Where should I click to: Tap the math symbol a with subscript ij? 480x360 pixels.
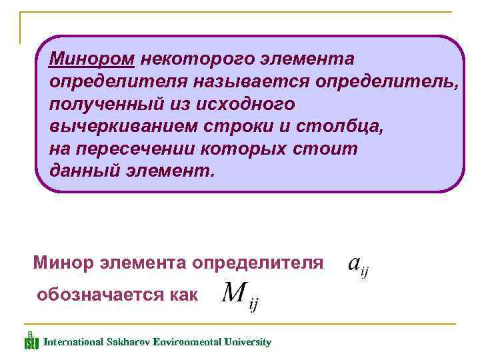pos(358,266)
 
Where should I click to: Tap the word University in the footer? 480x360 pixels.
pos(249,342)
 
